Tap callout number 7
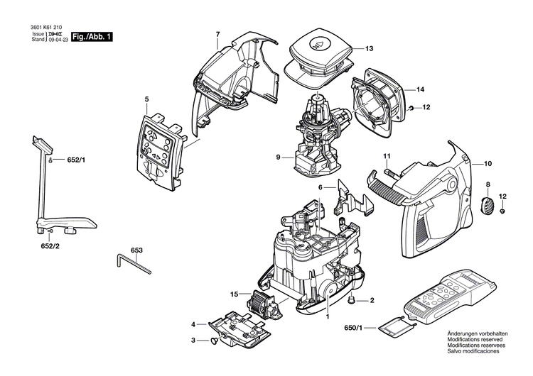[x=218, y=34]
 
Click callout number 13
[x=369, y=49]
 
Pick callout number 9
[x=268, y=156]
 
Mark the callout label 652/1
[x=75, y=161]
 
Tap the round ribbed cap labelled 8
[x=488, y=206]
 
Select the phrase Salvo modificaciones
[x=473, y=352]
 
